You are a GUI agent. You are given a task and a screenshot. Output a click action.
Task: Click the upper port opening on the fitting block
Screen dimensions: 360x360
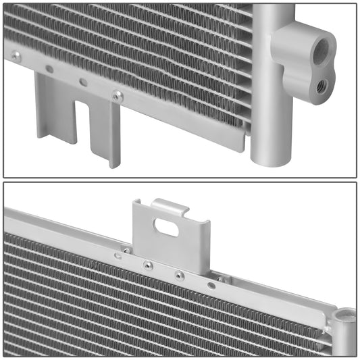(x=326, y=48)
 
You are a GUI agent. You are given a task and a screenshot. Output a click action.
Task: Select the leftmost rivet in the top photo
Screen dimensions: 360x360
(x=16, y=56)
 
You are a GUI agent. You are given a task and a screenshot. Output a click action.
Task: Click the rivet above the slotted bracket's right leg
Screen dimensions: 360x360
(x=117, y=96)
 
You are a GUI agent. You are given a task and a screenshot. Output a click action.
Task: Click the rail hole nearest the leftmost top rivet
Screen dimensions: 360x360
(x=49, y=69)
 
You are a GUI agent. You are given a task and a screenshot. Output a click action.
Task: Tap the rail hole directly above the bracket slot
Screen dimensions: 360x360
(x=83, y=82)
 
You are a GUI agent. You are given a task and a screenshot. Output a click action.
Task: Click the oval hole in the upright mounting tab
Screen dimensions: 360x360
(x=166, y=228)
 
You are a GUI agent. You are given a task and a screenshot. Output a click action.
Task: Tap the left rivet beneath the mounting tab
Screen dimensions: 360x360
(x=148, y=265)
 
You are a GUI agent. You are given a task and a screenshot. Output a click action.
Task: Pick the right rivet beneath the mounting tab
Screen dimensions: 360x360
(x=178, y=275)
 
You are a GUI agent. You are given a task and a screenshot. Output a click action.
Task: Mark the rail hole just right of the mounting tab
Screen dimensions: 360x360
(x=211, y=285)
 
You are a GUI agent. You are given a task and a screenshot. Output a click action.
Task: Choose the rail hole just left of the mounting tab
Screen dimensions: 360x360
(x=119, y=255)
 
